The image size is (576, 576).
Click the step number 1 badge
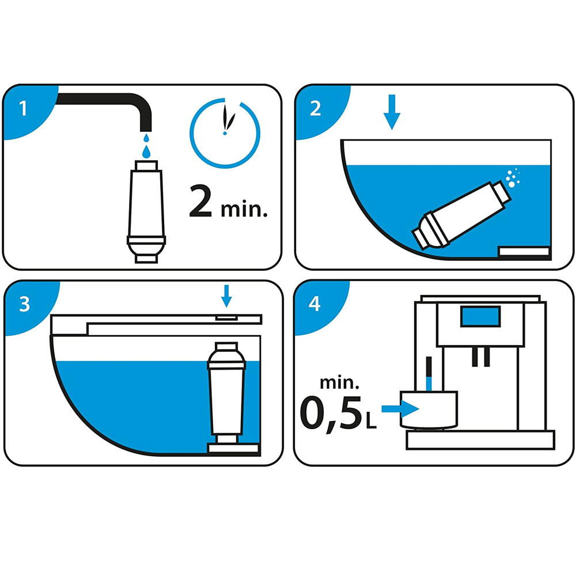click(24, 109)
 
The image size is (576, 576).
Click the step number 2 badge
click(315, 109)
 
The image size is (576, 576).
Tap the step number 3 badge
click(24, 304)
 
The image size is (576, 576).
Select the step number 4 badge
click(314, 304)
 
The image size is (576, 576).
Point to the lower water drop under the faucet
click(146, 151)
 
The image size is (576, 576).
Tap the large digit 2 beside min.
click(200, 201)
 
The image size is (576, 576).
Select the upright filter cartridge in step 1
click(146, 211)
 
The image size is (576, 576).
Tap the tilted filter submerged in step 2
click(461, 215)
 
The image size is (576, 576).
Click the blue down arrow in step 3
click(226, 296)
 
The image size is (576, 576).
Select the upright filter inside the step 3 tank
click(226, 393)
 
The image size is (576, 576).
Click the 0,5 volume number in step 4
click(331, 413)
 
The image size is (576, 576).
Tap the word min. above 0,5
click(339, 383)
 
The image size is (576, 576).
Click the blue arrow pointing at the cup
click(400, 409)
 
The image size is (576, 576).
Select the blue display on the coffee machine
click(480, 316)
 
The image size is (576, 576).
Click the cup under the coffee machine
click(429, 410)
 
